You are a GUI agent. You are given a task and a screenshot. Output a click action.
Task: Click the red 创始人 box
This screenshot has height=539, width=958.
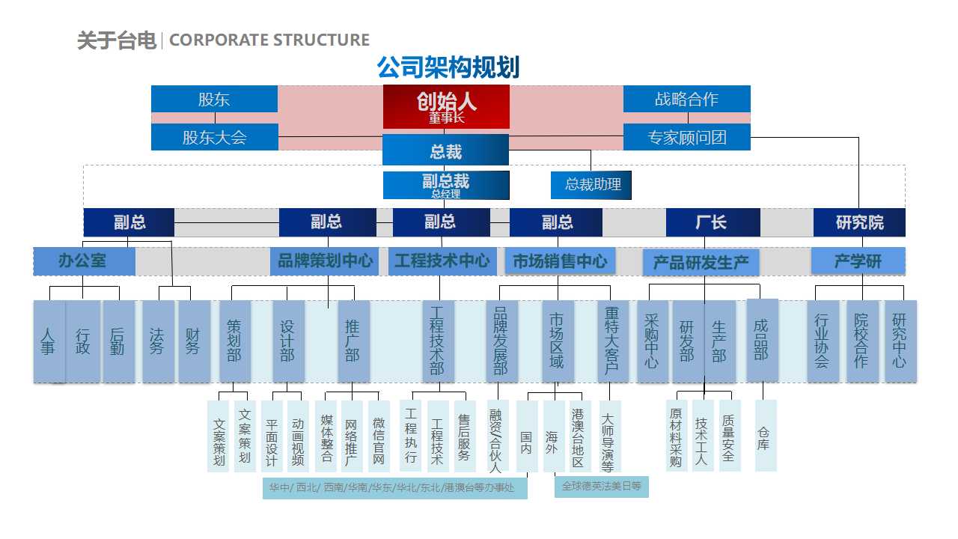pos(446,106)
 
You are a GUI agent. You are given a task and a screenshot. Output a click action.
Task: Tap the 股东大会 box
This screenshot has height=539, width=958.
pos(214,137)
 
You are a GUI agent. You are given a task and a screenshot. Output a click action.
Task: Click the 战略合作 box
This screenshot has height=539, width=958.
pos(686,99)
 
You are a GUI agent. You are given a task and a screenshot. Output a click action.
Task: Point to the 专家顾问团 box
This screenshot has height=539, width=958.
pos(686,137)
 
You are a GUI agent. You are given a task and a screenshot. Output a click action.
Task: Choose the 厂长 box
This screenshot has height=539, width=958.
pos(712,222)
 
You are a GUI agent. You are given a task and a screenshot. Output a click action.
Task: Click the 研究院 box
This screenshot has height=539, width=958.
pos(859,222)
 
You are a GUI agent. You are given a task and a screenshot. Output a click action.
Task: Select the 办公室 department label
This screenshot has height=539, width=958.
pos(84,261)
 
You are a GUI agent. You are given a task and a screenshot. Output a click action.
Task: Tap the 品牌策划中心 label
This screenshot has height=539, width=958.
pos(325,261)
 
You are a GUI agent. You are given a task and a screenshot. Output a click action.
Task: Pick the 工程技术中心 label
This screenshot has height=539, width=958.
pos(442,261)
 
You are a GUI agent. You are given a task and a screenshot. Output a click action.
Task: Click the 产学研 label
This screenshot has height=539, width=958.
pos(858,261)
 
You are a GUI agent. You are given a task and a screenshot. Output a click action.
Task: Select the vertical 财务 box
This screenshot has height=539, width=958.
pos(194,341)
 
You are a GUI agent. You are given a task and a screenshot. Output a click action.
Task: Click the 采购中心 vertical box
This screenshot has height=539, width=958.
pos(652,341)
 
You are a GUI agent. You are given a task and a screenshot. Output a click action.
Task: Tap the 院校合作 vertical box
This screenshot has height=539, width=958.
pos(861,341)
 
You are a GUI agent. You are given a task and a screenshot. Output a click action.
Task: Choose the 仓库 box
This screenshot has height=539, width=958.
pos(765,436)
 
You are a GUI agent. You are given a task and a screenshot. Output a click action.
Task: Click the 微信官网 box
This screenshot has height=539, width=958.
pos(379,436)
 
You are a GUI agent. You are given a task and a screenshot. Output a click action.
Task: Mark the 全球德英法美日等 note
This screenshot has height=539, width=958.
pos(602,486)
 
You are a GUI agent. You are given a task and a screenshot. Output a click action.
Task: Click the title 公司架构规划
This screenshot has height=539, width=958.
pos(448,68)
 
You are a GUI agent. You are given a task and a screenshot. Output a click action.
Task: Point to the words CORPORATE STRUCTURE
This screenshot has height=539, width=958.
pos(269,40)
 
